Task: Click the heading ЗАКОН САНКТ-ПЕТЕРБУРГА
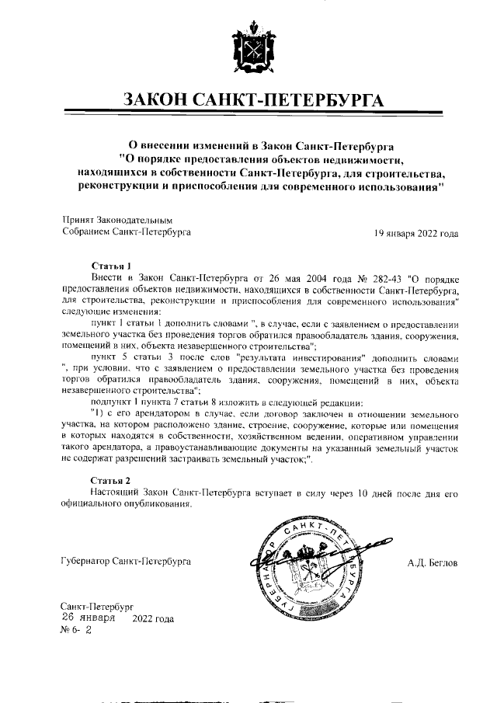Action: pyautogui.click(x=248, y=101)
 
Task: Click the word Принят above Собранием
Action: pyautogui.click(x=77, y=220)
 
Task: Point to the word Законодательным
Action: pyautogui.click(x=132, y=220)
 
